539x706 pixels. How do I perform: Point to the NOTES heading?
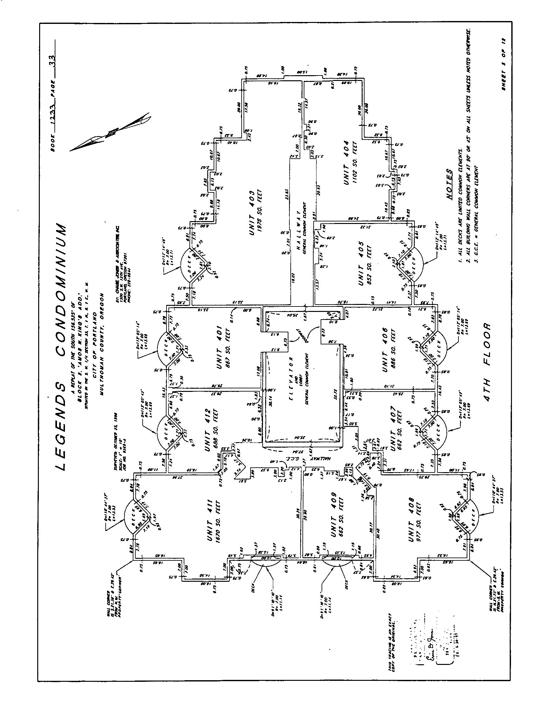[449, 184]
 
